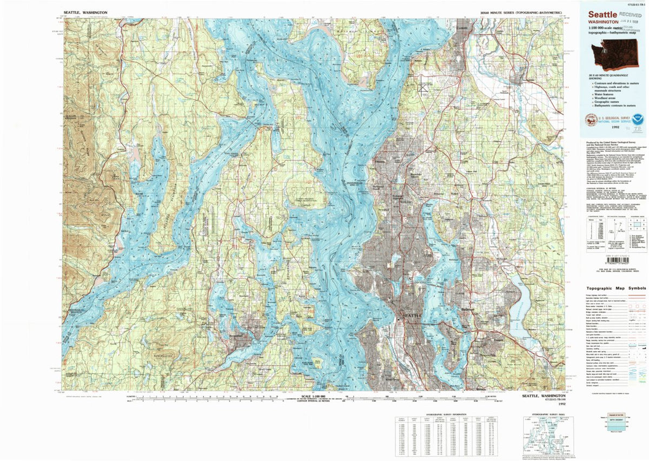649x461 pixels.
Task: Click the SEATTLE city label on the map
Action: pyautogui.click(x=412, y=315)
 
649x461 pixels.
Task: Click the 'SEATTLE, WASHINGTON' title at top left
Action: pyautogui.click(x=85, y=11)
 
